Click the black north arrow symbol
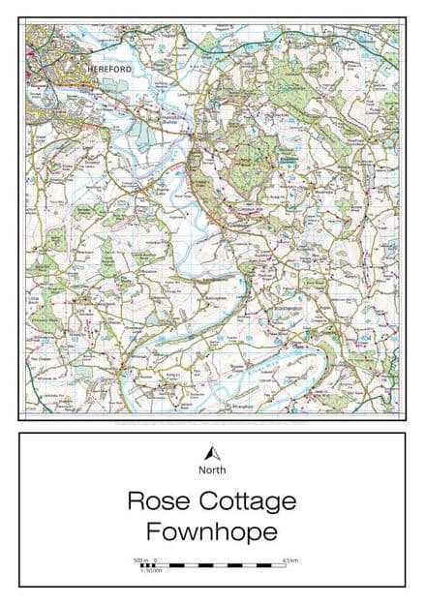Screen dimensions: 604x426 [212, 453]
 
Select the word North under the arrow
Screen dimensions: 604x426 [212, 470]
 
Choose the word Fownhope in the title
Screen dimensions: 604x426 [212, 530]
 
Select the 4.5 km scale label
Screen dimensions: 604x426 [289, 559]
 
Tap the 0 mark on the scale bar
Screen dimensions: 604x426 [155, 559]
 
